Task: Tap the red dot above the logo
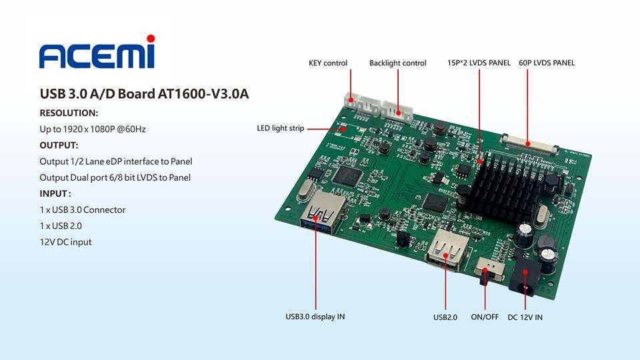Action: [151, 38]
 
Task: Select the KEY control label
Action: [328, 63]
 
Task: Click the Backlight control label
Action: [398, 63]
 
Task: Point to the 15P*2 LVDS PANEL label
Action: [479, 63]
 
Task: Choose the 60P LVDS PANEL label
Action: [547, 63]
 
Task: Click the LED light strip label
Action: [281, 128]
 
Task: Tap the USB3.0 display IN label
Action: [315, 317]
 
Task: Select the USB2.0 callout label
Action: [445, 317]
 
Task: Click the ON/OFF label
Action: [485, 317]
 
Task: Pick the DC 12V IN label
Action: [525, 317]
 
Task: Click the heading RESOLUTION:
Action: [69, 113]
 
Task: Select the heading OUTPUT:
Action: [59, 145]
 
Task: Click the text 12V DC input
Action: [66, 242]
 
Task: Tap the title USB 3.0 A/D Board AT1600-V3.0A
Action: [144, 94]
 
